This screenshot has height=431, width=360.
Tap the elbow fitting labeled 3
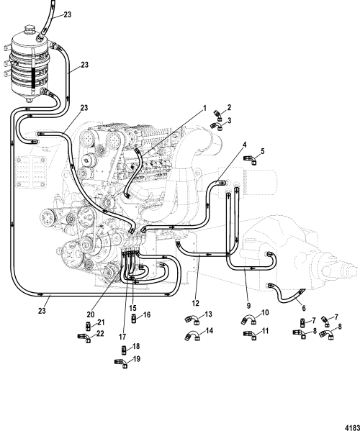tap(216, 124)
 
